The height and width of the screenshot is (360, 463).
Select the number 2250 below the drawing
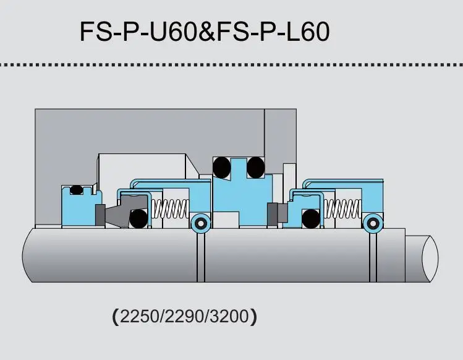pos(136,318)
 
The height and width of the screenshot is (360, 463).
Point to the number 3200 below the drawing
pos(229,318)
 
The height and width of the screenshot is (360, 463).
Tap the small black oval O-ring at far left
pos(77,190)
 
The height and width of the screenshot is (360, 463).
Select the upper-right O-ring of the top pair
pos(256,167)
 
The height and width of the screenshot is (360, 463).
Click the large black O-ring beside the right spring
pos(312,218)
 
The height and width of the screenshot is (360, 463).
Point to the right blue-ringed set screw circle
pos(373,224)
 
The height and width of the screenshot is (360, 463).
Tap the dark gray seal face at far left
pos(100,215)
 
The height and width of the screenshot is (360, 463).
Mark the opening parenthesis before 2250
pos(116,318)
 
